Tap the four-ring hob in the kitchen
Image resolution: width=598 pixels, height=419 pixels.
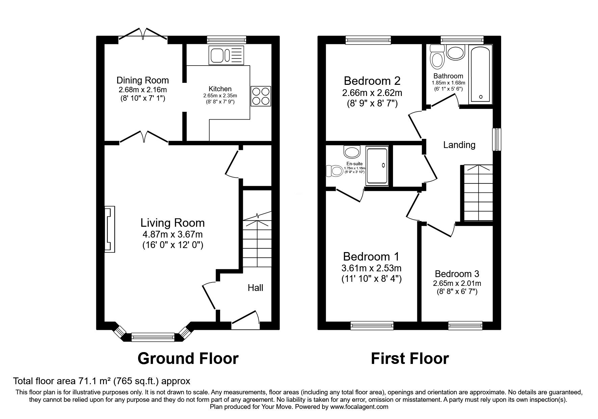coord(261,97)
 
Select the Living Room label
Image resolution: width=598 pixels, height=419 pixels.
coord(173,223)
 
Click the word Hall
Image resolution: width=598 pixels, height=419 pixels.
coord(255,288)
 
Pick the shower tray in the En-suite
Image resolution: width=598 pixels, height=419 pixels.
coord(377,166)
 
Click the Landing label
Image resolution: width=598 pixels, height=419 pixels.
coord(459,145)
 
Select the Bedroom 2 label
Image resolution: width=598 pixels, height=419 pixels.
coord(372,81)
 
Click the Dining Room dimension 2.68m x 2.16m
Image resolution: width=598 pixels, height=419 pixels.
coord(142,90)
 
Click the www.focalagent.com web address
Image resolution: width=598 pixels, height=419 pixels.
coord(359,407)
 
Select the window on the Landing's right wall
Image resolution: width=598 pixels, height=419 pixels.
coord(497,139)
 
